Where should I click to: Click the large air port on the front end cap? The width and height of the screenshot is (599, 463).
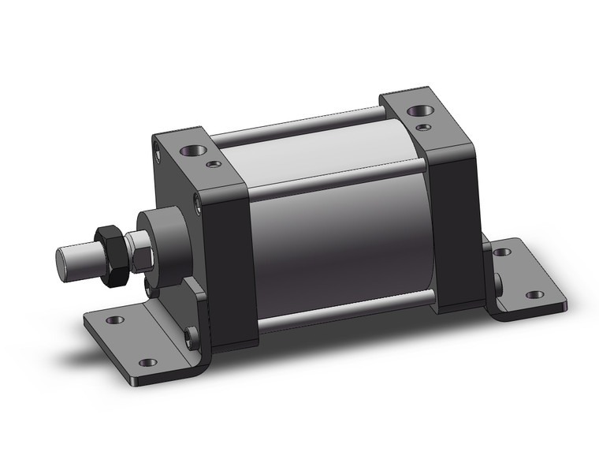pos(192,149)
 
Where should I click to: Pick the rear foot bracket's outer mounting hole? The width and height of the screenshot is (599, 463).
pos(534,295)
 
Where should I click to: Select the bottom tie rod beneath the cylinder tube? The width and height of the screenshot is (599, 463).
pos(347,304)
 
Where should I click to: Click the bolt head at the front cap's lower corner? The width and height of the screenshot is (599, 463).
pos(189,338)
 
